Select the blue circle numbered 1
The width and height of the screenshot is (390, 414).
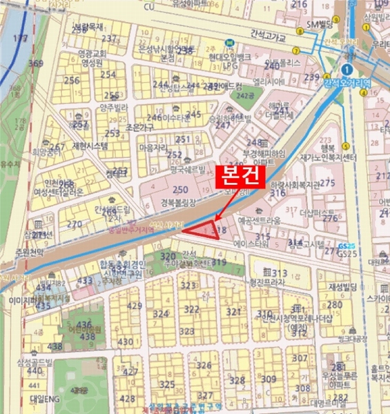pyautogui.click(x=346, y=70)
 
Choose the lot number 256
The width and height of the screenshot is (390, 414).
pyautogui.click(x=72, y=80)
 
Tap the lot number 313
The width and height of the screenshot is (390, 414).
pyautogui.click(x=280, y=273)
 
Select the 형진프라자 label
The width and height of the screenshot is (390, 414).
pyautogui.click(x=267, y=282)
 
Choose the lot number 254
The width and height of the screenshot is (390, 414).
pyautogui.click(x=108, y=75)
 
